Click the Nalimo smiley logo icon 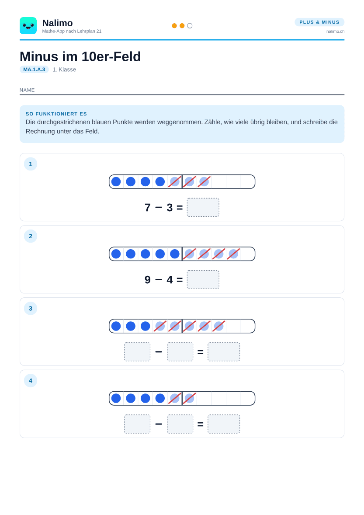tap(28, 26)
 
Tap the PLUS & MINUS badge tap(319, 22)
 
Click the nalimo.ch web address tap(336, 31)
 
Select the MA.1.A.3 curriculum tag tap(34, 70)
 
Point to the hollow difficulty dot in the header tap(190, 26)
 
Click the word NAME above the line tap(27, 90)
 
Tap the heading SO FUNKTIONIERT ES tap(56, 114)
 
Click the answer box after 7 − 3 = tap(203, 207)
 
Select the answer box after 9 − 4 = tap(203, 279)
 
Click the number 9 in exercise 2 tap(148, 279)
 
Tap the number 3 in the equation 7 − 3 tap(170, 208)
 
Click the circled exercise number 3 tap(31, 308)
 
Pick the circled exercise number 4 tap(31, 381)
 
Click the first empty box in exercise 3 tap(137, 352)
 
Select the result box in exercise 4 tap(224, 424)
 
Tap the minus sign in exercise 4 tap(159, 424)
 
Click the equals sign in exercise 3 tap(201, 352)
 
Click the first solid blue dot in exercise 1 tap(116, 181)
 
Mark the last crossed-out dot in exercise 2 tap(233, 254)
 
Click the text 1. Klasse tap(64, 70)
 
